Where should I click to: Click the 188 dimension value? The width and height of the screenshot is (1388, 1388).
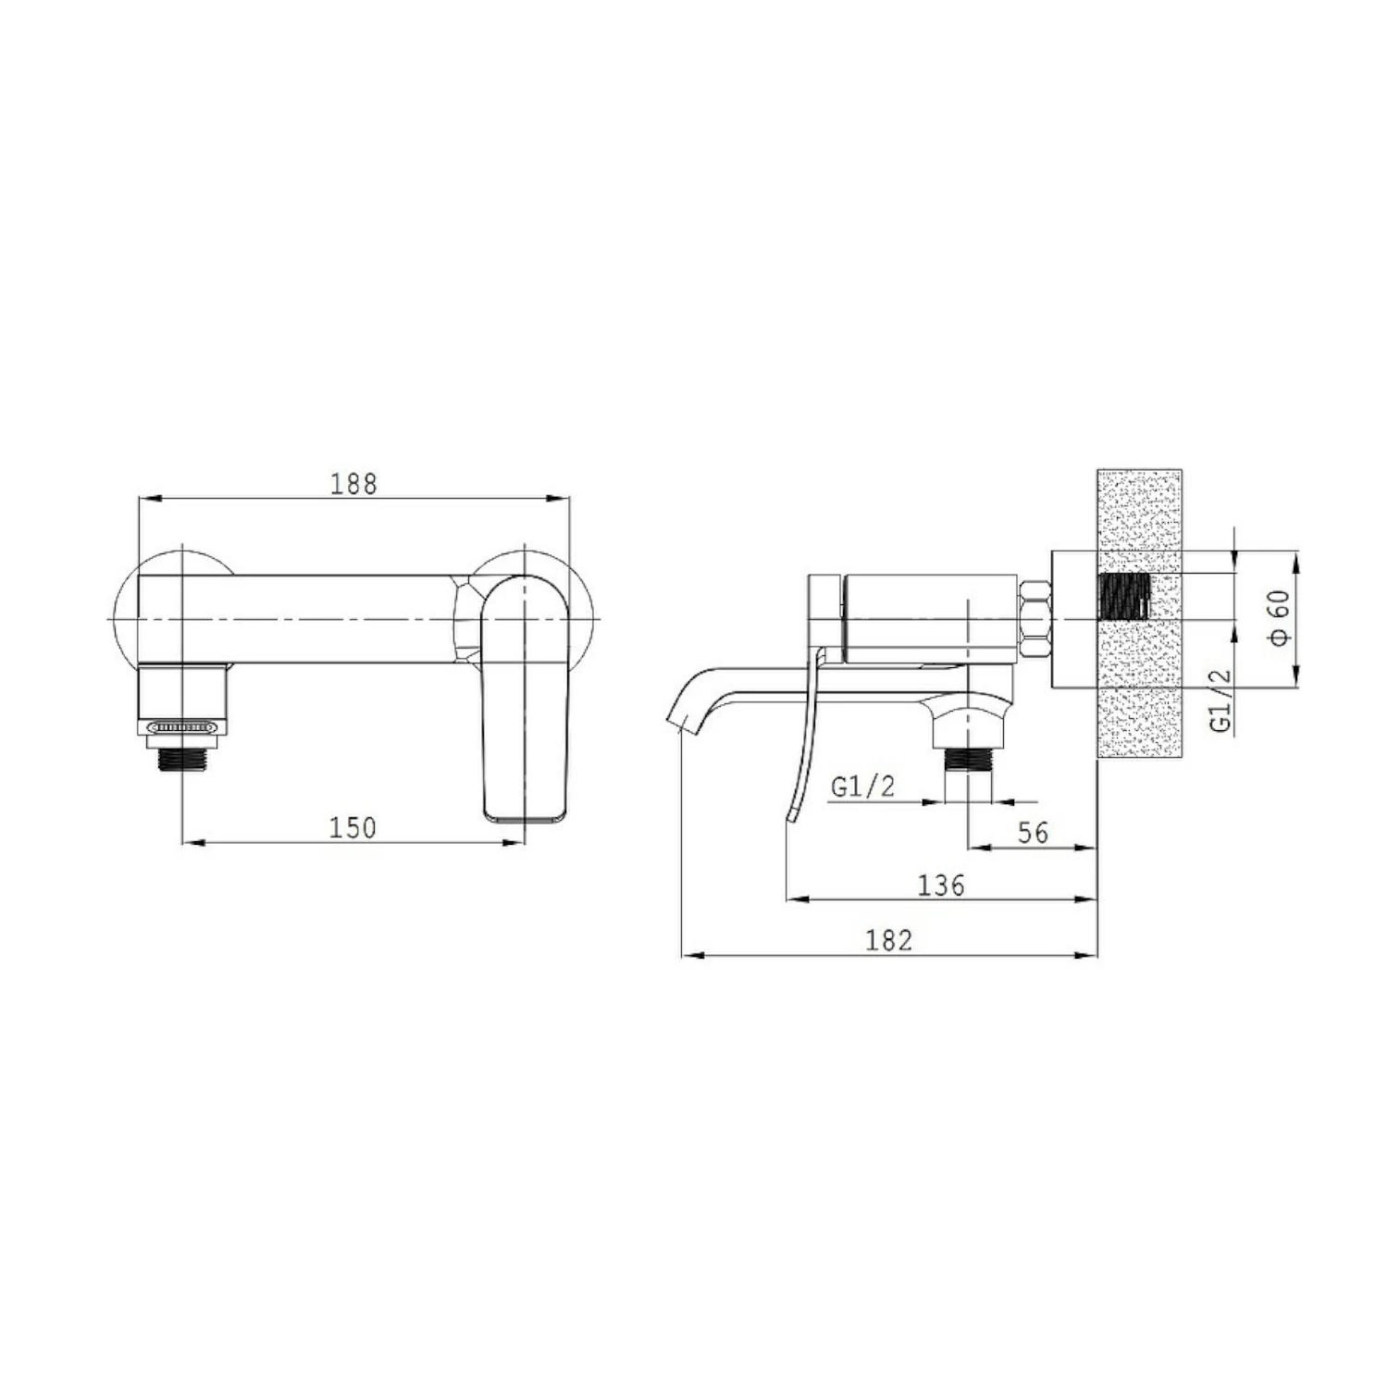[353, 484]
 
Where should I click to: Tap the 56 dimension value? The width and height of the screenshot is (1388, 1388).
[1033, 832]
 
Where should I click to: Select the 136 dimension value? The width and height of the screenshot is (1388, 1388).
[941, 886]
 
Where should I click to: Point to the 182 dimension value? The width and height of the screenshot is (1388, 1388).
[889, 940]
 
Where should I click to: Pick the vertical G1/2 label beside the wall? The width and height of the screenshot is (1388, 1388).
[1222, 700]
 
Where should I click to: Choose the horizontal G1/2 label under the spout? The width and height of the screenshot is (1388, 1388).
[863, 787]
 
